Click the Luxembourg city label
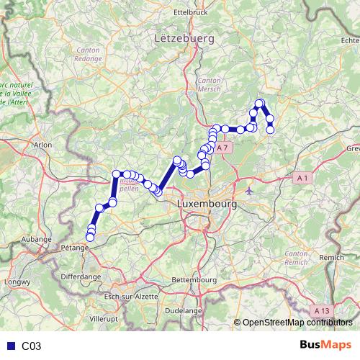tap(207, 204)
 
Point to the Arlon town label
tap(43, 145)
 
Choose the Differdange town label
tap(81, 276)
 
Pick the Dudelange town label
tap(183, 310)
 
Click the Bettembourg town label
tap(195, 279)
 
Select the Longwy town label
tap(14, 283)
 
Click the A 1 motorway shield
tap(302, 178)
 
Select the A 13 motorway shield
tap(323, 310)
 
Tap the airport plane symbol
tap(249, 192)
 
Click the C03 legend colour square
tap(9, 346)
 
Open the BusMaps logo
tap(325, 346)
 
